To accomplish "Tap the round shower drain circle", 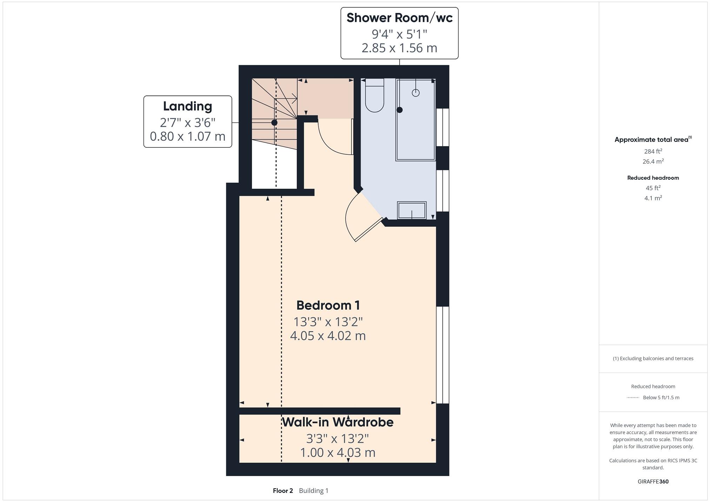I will point(416,93).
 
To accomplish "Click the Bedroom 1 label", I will point(328,305).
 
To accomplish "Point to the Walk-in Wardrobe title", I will point(337,422).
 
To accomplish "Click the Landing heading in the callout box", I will point(187,106).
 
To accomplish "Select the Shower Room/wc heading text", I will point(399,18).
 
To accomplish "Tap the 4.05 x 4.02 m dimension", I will point(328,336).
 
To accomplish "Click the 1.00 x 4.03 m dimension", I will point(337,453).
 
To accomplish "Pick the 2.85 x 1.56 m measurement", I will point(399,48).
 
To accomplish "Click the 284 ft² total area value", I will point(653,152).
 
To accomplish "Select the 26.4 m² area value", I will point(653,161).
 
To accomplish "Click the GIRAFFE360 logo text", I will point(653,482).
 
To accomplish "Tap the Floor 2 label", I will point(283,491).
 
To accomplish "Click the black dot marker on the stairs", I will point(274,123).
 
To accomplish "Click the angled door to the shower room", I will point(368,230).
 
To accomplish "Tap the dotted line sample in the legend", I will point(633,398).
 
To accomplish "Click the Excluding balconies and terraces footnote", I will point(653,359).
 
